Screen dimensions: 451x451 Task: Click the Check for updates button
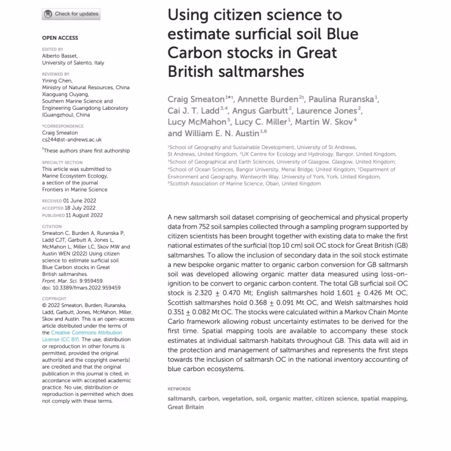[72, 14]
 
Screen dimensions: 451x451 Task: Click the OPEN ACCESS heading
[60, 38]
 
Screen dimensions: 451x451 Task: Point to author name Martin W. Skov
[324, 122]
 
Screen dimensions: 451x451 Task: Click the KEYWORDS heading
[179, 389]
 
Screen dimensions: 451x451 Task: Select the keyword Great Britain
[186, 407]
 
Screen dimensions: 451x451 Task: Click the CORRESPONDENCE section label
[63, 126]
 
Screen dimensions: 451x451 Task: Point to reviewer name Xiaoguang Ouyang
[66, 94]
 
